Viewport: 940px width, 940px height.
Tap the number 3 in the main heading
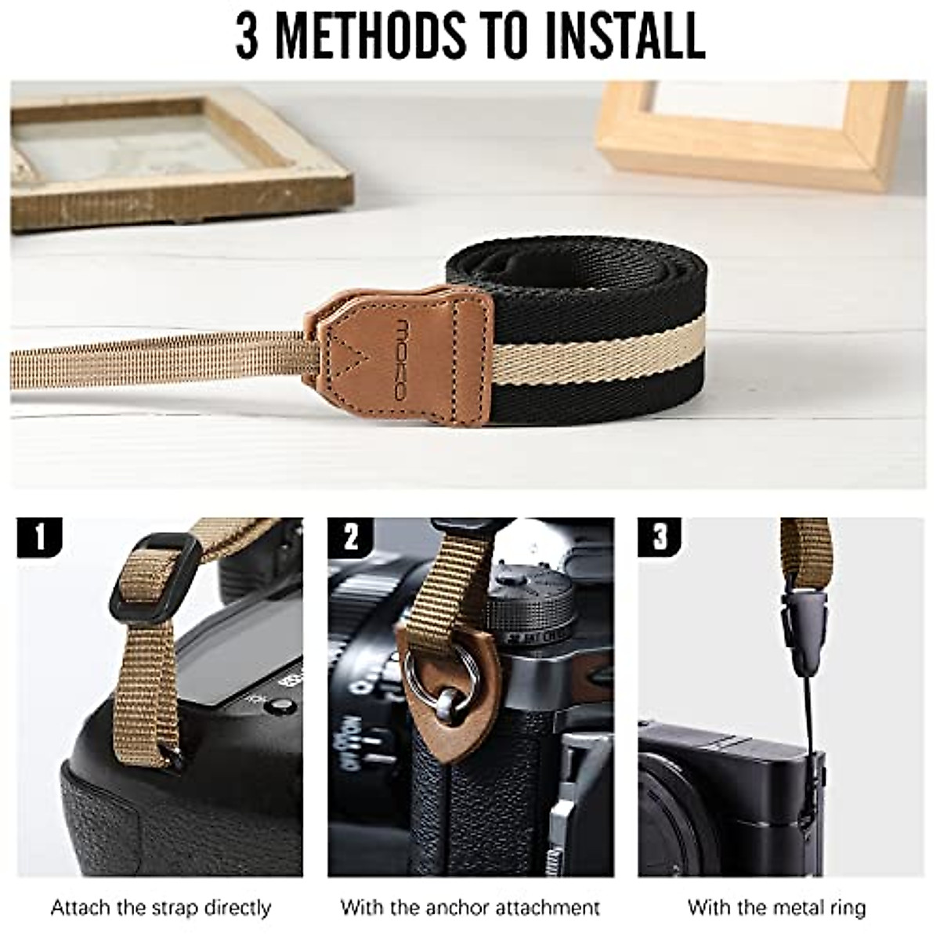point(248,35)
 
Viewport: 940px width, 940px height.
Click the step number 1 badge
point(39,537)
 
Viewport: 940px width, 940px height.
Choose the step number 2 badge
point(350,537)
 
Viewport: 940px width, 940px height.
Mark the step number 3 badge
point(660,537)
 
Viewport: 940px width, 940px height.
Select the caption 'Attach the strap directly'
point(161,909)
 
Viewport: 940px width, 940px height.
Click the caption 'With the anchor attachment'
point(470,909)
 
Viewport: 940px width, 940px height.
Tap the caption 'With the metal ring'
point(776,909)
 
